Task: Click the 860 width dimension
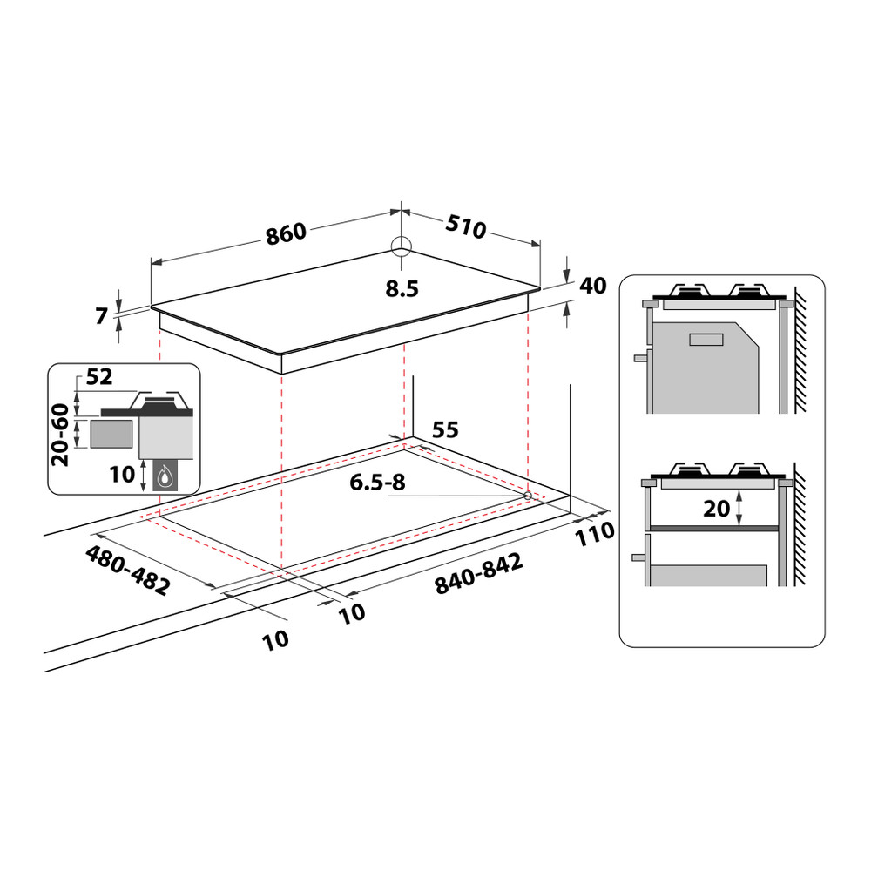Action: [x=287, y=233]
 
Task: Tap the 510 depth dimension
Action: [x=465, y=227]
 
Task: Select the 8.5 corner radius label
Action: [x=402, y=290]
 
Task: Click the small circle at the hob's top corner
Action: [x=400, y=246]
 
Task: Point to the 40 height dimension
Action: [x=591, y=286]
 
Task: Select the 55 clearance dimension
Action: [x=445, y=429]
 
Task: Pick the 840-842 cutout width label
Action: [x=478, y=575]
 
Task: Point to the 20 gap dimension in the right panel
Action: [x=716, y=509]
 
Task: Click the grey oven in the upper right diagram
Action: [x=706, y=366]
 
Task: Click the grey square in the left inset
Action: [x=111, y=433]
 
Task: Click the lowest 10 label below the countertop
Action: [x=274, y=640]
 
